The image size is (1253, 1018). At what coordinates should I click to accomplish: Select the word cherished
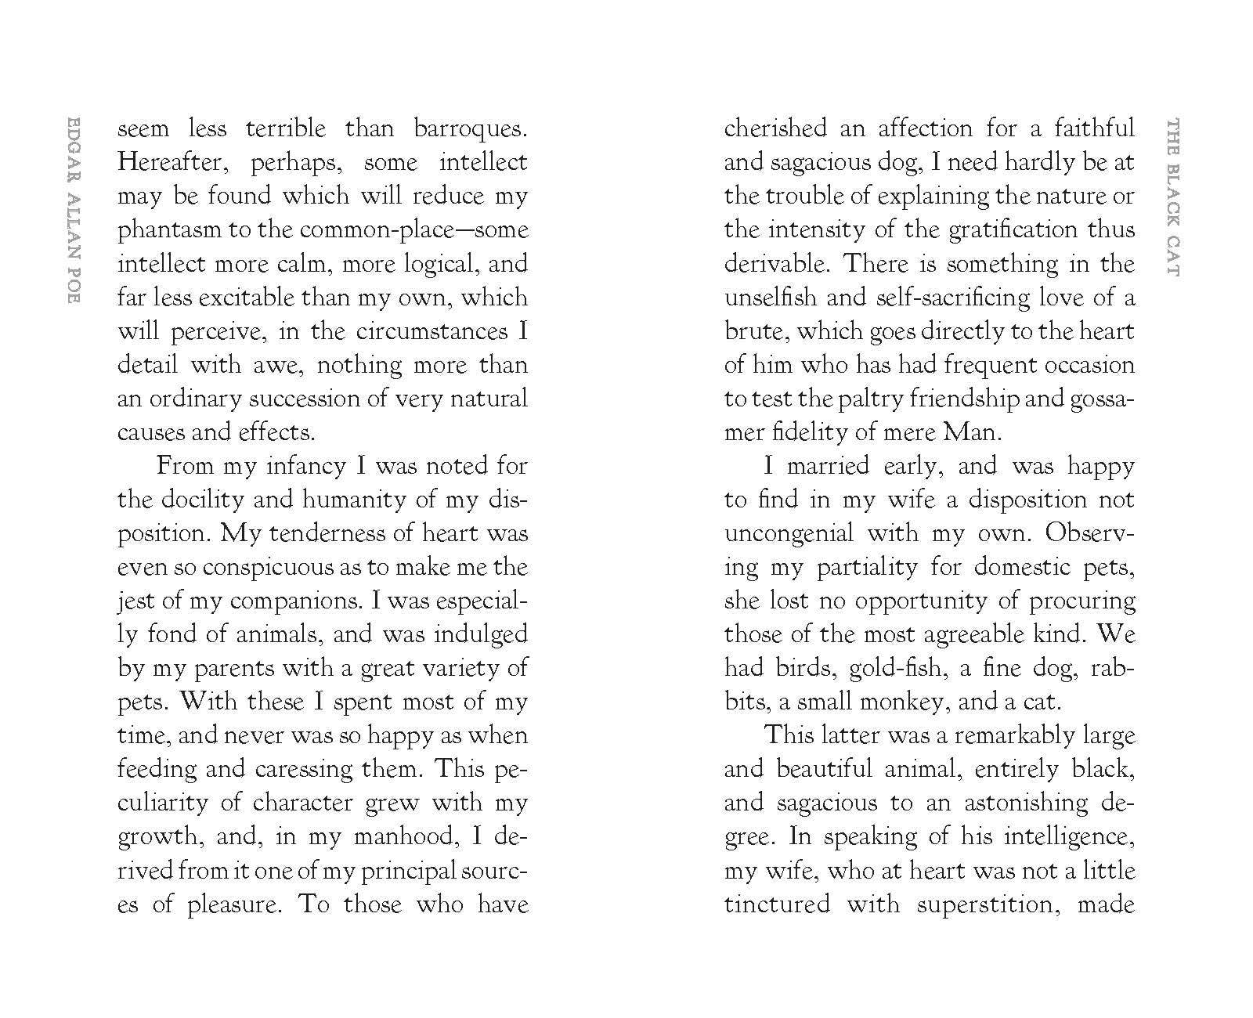click(x=775, y=129)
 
